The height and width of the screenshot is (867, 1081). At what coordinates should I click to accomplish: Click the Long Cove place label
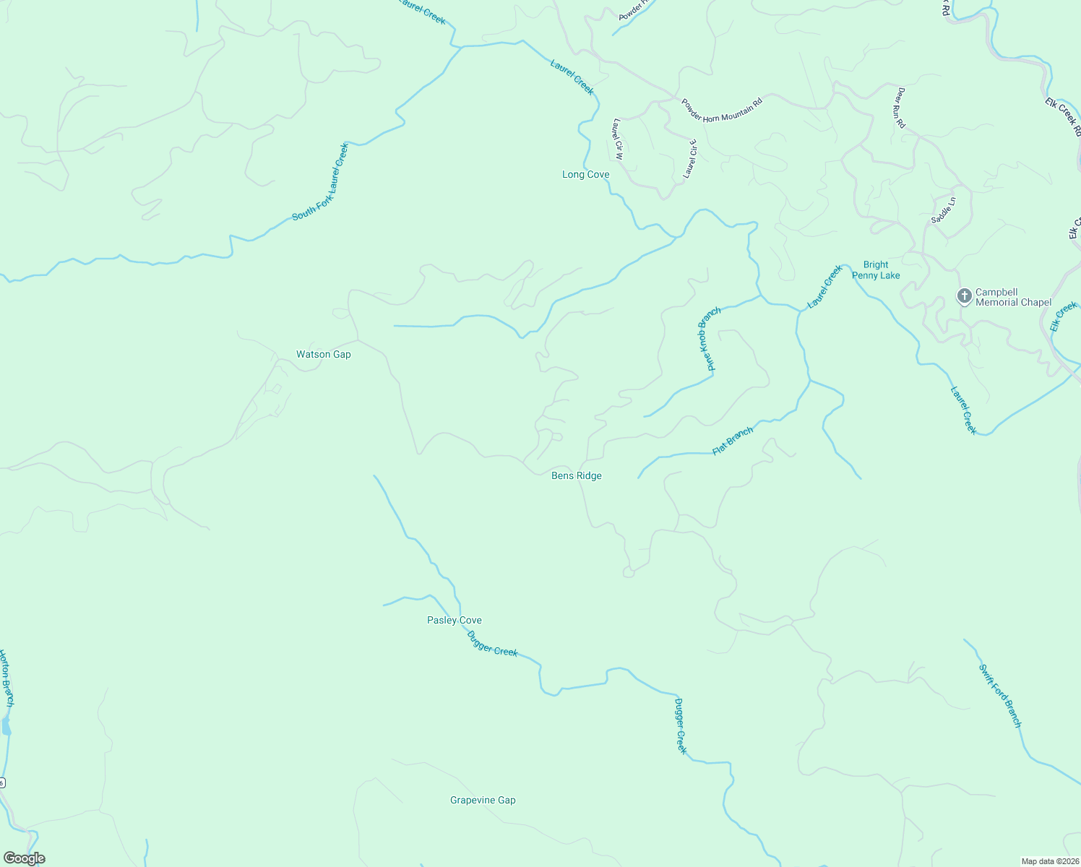[585, 175]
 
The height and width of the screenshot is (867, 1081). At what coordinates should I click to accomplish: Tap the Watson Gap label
[323, 355]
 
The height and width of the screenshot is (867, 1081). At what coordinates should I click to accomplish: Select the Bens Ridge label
[576, 476]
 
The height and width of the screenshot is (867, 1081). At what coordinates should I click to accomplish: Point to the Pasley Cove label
[454, 621]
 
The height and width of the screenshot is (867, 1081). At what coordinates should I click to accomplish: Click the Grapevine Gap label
[483, 801]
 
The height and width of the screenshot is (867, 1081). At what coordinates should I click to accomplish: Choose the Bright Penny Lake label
[876, 270]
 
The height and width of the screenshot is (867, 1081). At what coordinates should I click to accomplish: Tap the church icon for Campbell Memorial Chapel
[964, 296]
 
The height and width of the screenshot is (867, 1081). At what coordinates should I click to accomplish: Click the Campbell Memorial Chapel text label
[1013, 298]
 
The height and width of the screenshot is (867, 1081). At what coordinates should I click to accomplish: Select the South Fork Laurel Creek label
[321, 182]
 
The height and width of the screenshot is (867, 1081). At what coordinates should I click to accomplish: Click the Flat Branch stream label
[733, 441]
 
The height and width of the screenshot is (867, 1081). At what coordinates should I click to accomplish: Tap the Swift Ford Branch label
[1000, 695]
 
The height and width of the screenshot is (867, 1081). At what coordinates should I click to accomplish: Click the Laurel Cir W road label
[618, 138]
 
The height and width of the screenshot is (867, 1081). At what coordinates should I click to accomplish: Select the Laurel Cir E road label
[690, 159]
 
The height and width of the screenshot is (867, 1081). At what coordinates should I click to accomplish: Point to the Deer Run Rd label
[901, 108]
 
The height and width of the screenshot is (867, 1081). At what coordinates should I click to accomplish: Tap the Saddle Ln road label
[943, 210]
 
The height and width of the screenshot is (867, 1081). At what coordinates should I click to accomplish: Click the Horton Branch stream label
[7, 678]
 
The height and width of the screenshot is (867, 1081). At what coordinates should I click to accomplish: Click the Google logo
[25, 858]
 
